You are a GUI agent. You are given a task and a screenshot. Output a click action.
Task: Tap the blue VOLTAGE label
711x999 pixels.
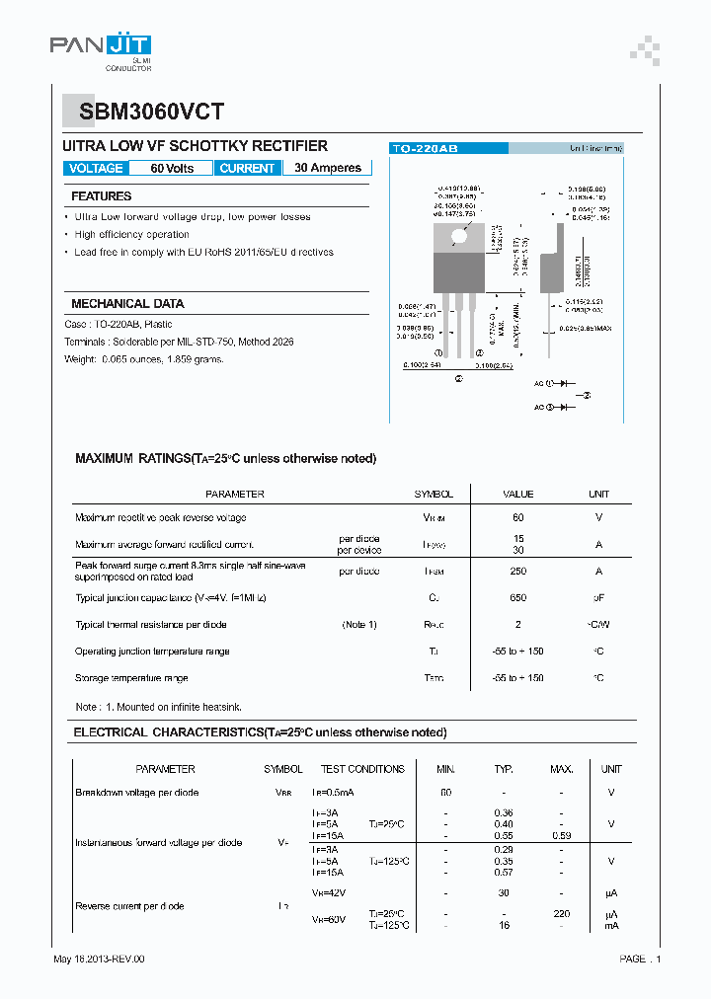(x=96, y=168)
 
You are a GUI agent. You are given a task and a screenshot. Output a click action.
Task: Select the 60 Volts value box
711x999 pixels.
(x=172, y=168)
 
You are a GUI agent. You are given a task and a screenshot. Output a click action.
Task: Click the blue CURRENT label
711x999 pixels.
(x=247, y=168)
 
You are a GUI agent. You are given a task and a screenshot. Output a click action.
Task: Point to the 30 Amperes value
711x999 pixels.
(x=328, y=168)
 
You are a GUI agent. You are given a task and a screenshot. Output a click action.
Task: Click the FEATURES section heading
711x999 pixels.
(x=101, y=196)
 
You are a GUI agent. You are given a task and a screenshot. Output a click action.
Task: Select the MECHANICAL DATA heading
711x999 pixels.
(x=127, y=304)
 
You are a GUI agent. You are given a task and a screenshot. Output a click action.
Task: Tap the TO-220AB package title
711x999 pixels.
(x=425, y=148)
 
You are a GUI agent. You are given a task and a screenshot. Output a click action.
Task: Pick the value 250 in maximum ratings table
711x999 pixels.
(x=518, y=571)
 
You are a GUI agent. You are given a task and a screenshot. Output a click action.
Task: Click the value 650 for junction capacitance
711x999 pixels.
(x=518, y=597)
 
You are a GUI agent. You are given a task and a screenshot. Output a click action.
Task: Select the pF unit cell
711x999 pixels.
(x=598, y=597)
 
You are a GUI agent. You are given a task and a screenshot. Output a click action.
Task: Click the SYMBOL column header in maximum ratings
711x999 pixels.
(x=434, y=494)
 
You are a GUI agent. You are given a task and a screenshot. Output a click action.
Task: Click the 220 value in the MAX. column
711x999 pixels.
(x=561, y=914)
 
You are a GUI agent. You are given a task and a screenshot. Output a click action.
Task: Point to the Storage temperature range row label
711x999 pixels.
(x=131, y=678)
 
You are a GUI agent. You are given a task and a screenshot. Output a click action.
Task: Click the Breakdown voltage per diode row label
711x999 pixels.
(x=136, y=793)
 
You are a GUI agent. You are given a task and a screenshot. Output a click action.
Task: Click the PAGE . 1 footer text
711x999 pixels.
(x=640, y=959)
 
